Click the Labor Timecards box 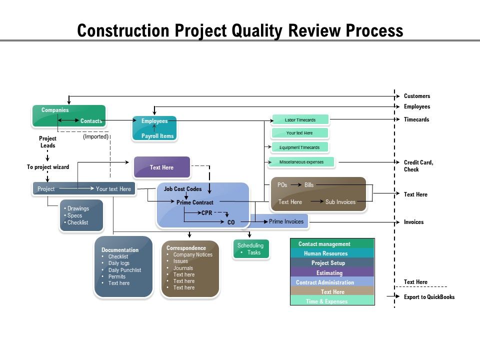pyautogui.click(x=300, y=120)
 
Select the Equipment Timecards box pyautogui.click(x=299, y=147)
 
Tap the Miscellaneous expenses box pyautogui.click(x=301, y=162)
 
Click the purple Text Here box pyautogui.click(x=161, y=167)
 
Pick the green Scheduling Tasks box pyautogui.click(x=251, y=249)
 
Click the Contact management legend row pyautogui.click(x=332, y=244)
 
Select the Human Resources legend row pyautogui.click(x=332, y=253)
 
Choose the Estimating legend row pyautogui.click(x=332, y=273)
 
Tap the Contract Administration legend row pyautogui.click(x=332, y=282)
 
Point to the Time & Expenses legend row pyautogui.click(x=332, y=301)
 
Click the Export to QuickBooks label pyautogui.click(x=429, y=297)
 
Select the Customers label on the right pyautogui.click(x=417, y=96)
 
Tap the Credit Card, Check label pyautogui.click(x=418, y=166)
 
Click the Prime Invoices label pyautogui.click(x=286, y=221)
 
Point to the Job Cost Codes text pyautogui.click(x=183, y=189)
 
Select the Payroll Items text pyautogui.click(x=157, y=136)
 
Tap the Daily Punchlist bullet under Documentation pyautogui.click(x=124, y=270)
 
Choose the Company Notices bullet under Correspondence pyautogui.click(x=192, y=254)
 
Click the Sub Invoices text pyautogui.click(x=340, y=202)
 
